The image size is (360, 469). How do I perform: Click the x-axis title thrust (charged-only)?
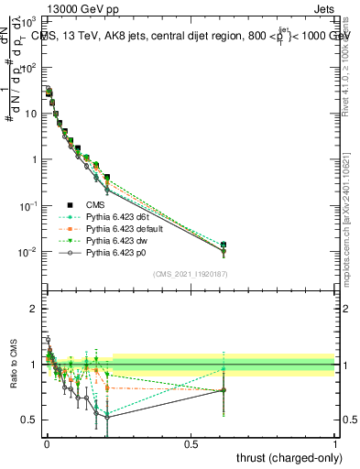[284, 458]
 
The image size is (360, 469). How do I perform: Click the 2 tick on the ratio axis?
[34, 309]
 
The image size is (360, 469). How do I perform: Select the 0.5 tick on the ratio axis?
[30, 420]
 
